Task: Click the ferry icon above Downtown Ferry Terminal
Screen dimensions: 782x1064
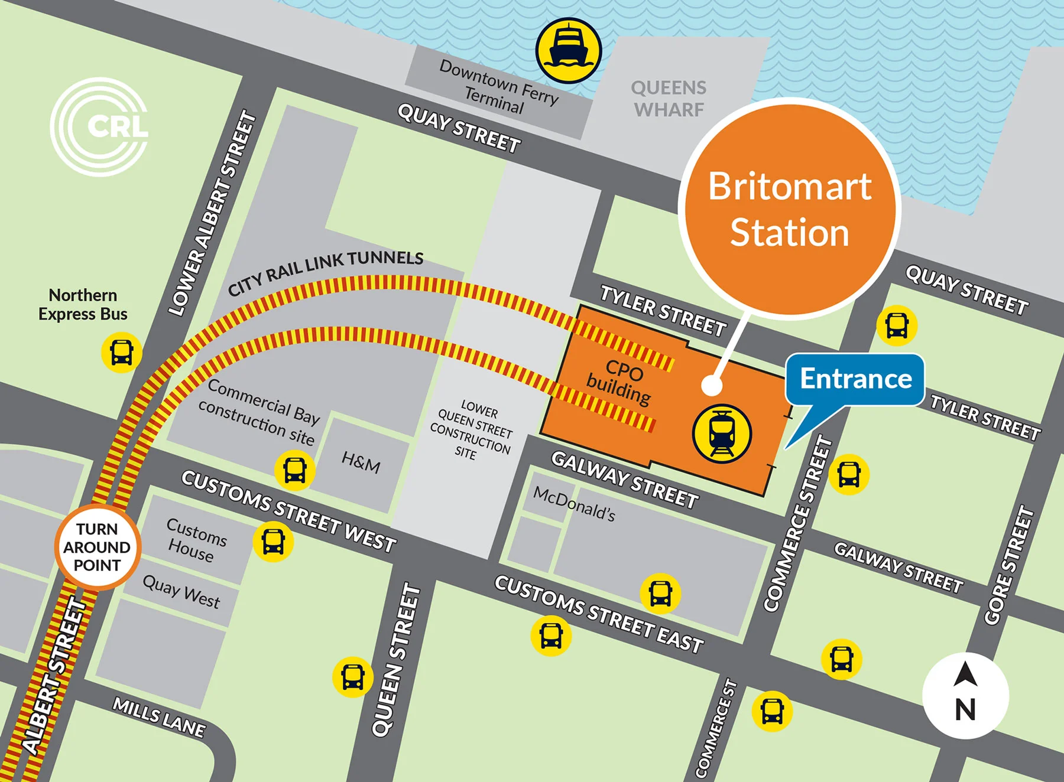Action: (568, 50)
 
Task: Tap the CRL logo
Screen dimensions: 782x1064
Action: (99, 126)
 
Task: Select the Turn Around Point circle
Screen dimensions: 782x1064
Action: (98, 547)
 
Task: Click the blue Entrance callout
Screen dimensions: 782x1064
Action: (855, 379)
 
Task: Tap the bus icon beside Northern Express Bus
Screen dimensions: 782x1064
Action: (122, 353)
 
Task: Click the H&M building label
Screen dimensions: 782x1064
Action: (361, 461)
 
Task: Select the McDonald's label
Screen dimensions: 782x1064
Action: (574, 503)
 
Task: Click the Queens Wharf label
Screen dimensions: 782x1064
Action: (669, 99)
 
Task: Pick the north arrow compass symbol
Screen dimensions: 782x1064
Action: (965, 695)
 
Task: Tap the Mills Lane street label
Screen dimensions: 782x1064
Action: (159, 717)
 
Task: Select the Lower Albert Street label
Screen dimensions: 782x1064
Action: (213, 213)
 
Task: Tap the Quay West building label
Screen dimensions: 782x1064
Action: (181, 592)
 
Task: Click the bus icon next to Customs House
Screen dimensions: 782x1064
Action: (273, 542)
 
